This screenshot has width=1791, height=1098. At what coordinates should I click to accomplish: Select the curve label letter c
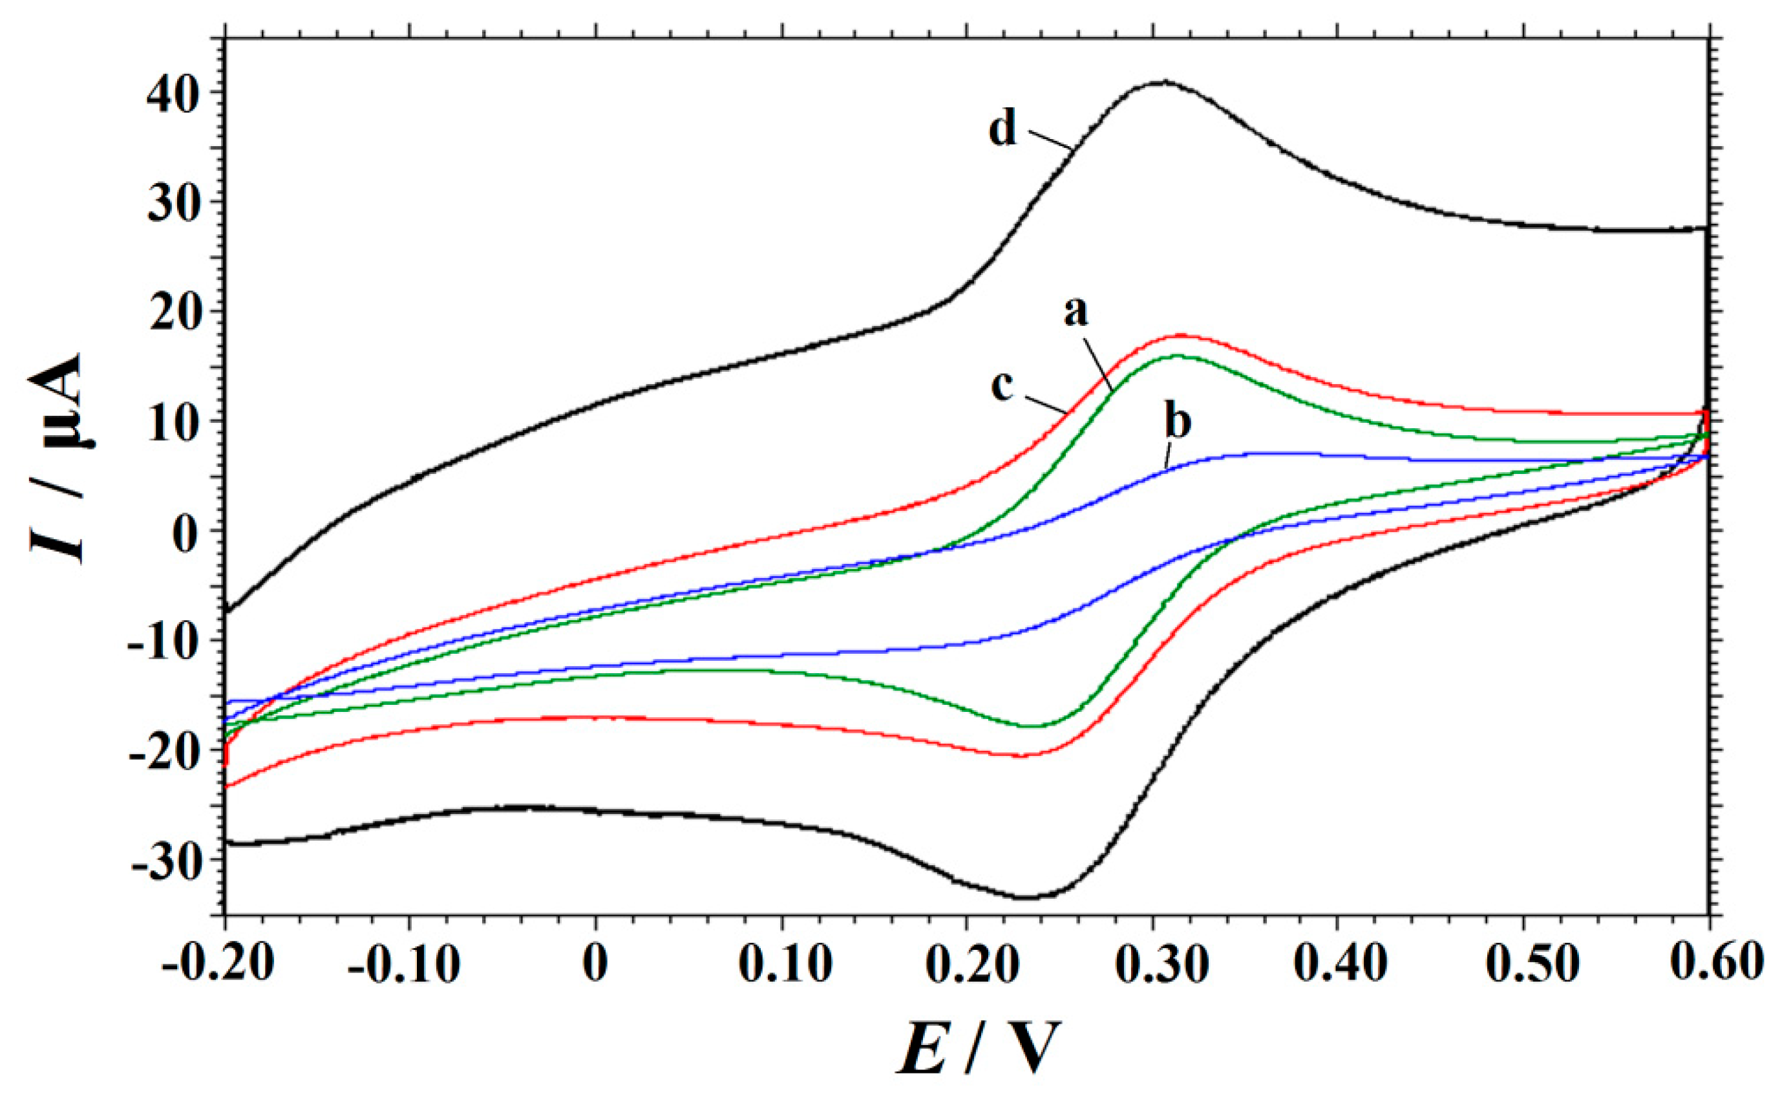point(1002,387)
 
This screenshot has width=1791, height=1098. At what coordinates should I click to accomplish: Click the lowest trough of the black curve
point(1025,898)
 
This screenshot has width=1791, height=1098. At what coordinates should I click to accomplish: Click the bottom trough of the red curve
point(1021,756)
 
